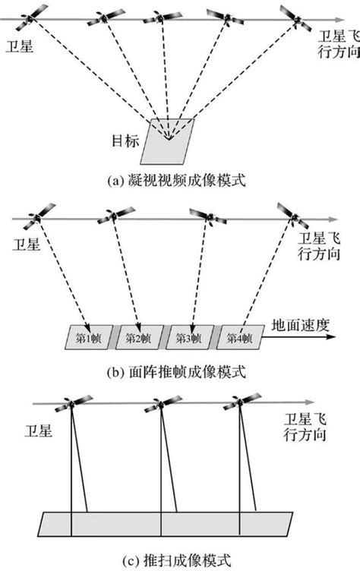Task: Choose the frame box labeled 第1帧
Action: click(88, 336)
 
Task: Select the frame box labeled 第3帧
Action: click(189, 336)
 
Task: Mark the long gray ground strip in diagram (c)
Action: click(166, 525)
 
